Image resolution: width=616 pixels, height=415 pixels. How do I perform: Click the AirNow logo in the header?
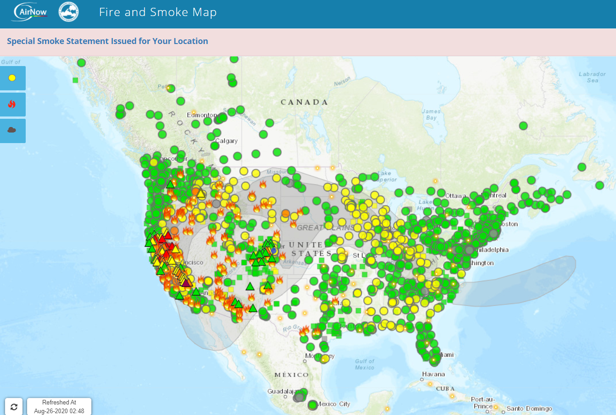point(31,12)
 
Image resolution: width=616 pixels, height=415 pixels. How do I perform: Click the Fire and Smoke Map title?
point(157,12)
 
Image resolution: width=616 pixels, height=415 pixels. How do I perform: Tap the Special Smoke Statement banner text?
point(107,41)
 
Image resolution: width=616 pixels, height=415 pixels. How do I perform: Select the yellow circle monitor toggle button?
point(12,78)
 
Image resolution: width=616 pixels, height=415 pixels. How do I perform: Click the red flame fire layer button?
point(12,104)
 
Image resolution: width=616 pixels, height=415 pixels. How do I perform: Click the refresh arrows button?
point(14,407)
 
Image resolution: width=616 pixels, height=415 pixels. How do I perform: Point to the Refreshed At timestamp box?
point(59,407)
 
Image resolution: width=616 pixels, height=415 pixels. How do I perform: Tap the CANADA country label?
point(304,102)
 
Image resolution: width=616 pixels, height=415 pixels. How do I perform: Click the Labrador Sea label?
point(592,77)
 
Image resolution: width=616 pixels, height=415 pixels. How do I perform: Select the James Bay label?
point(431,114)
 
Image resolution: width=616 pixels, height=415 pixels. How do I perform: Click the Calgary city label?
point(227,141)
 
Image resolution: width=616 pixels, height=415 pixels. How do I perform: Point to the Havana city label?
point(433,374)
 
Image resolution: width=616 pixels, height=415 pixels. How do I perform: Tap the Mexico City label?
point(334,404)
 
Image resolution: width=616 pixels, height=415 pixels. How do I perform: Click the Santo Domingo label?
point(529,409)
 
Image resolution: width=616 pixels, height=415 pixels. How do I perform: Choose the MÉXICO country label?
point(291,375)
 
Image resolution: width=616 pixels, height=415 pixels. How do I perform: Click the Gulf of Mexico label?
point(364,364)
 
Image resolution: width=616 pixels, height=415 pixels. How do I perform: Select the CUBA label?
point(445,389)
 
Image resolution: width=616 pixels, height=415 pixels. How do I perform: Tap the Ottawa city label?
point(456,196)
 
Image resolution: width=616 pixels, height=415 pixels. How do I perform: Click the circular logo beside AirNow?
point(69,12)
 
